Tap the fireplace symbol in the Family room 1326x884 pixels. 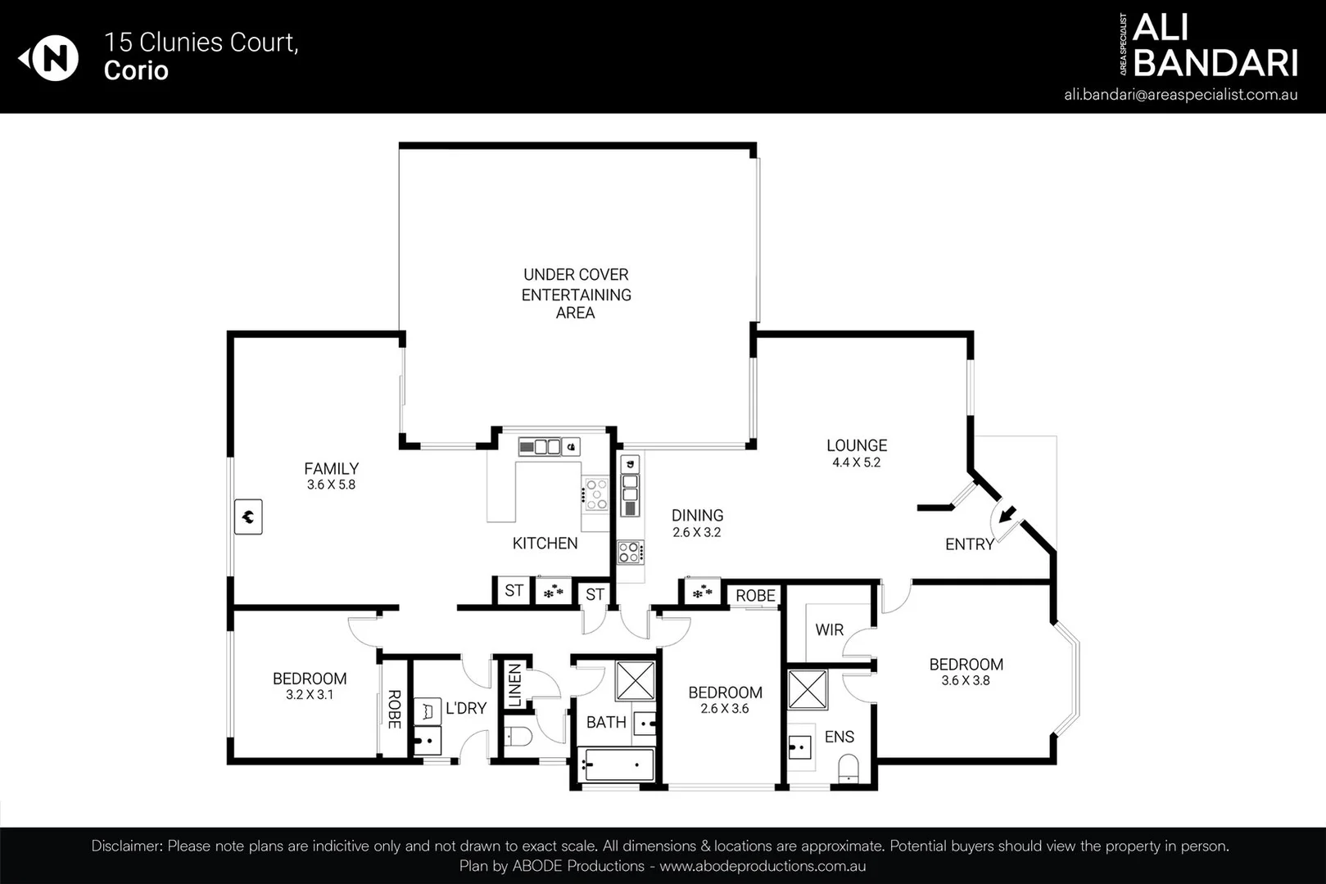click(x=248, y=516)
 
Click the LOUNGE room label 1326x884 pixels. click(x=856, y=445)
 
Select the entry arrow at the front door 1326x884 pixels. click(x=1006, y=515)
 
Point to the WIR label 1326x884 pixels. click(x=829, y=629)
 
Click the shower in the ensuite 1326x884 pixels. click(x=808, y=689)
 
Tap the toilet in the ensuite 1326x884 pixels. click(x=849, y=768)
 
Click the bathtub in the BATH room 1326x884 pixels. click(x=616, y=765)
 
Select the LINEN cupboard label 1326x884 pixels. click(x=514, y=686)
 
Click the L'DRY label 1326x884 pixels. click(x=466, y=708)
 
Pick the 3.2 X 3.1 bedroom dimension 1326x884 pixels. click(x=309, y=695)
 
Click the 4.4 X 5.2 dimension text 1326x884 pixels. click(x=856, y=462)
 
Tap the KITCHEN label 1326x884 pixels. click(x=545, y=543)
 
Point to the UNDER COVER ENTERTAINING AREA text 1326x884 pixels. click(x=576, y=293)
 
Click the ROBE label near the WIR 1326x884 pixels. click(x=754, y=595)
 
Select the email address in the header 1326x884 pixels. click(x=1180, y=94)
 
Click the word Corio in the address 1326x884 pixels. click(x=136, y=70)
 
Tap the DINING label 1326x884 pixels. click(x=697, y=515)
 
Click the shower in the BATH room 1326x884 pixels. click(x=635, y=680)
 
